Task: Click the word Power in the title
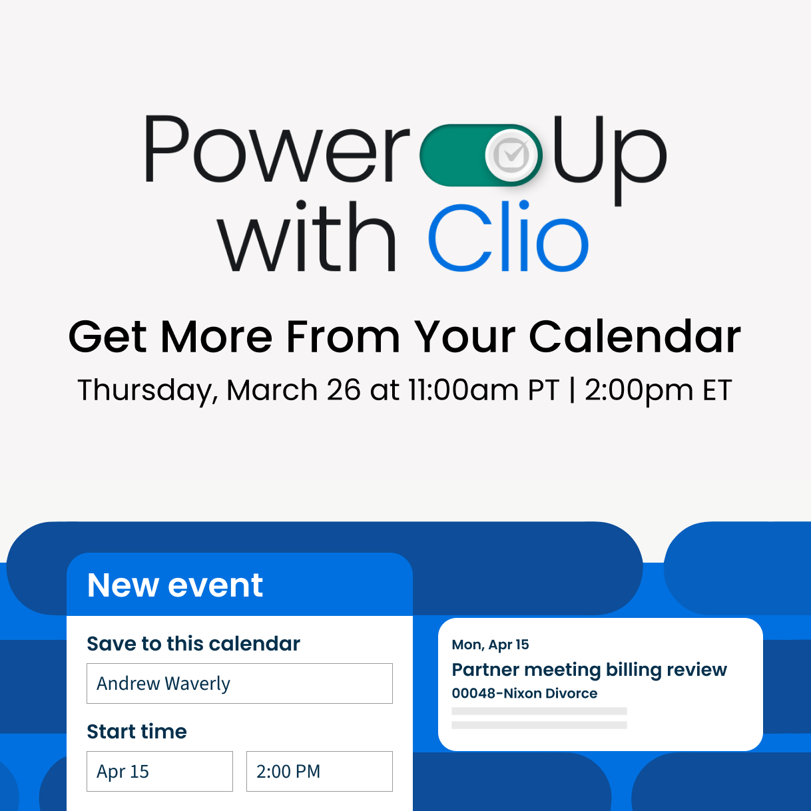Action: (x=276, y=150)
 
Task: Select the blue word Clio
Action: (x=507, y=238)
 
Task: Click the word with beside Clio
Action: (x=308, y=238)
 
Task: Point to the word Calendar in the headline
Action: (x=635, y=336)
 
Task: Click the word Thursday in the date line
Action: (x=147, y=390)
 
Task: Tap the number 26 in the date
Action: (x=344, y=390)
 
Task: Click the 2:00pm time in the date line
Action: (x=639, y=390)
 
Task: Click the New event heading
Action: (x=175, y=585)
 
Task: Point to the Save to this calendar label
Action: (x=193, y=644)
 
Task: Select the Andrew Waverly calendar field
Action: (x=239, y=683)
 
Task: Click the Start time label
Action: (x=136, y=732)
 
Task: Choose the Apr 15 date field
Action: (x=159, y=771)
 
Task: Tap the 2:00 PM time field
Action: (x=319, y=771)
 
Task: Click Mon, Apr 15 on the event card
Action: (x=490, y=645)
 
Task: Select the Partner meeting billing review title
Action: (x=589, y=669)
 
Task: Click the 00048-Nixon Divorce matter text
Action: (x=525, y=693)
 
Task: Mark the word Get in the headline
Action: (x=107, y=336)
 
